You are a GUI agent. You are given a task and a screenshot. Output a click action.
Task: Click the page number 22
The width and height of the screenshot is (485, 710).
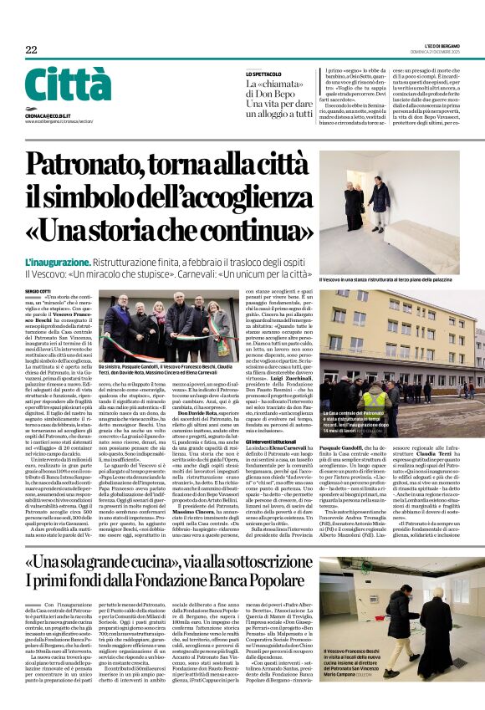[x=31, y=50]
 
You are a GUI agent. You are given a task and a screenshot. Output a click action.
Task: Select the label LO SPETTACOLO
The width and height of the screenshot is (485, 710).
[x=263, y=74]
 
